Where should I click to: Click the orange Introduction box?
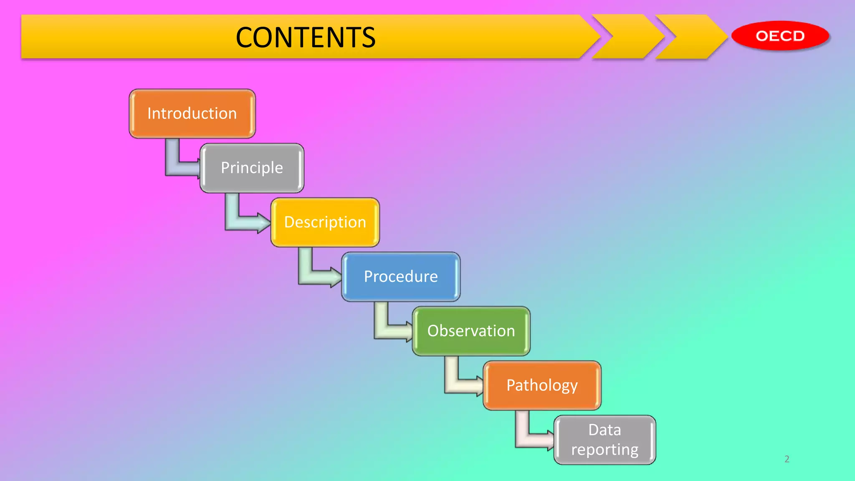click(x=192, y=114)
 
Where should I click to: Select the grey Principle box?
click(x=252, y=168)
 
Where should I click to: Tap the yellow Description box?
click(x=325, y=222)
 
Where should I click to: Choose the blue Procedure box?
click(x=401, y=276)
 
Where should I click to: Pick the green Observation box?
click(x=471, y=331)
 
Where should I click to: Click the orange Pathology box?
click(x=542, y=385)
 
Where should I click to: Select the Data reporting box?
click(x=605, y=440)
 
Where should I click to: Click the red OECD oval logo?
click(x=780, y=36)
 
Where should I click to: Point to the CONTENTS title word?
click(x=306, y=38)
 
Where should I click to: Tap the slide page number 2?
click(x=787, y=459)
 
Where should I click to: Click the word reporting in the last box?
click(x=605, y=450)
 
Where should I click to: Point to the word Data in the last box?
click(x=605, y=430)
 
